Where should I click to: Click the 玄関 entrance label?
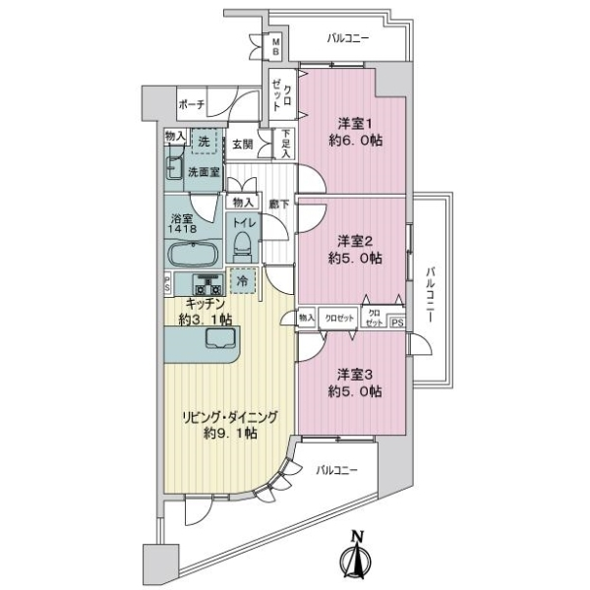[243, 144]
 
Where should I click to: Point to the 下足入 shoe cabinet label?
[285, 144]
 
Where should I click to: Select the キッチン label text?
[206, 304]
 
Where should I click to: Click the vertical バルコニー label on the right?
[430, 292]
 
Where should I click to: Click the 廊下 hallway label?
[278, 203]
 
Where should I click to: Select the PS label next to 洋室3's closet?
[397, 320]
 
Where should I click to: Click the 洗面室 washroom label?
[204, 172]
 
